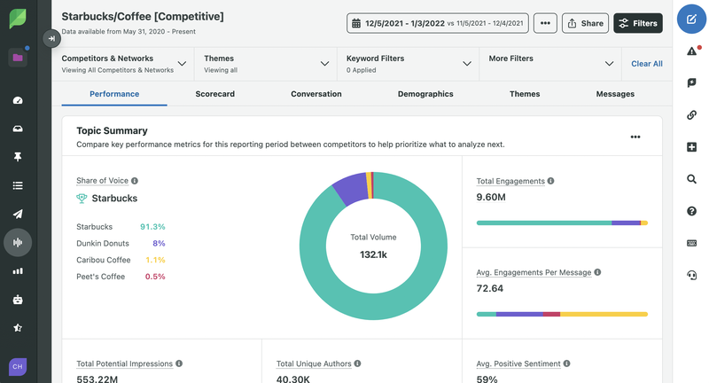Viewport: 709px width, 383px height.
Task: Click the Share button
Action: click(x=585, y=23)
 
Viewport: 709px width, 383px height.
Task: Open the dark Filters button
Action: click(x=638, y=23)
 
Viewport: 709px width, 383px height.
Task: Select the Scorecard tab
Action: click(x=214, y=94)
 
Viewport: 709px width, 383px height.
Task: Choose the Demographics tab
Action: click(x=425, y=94)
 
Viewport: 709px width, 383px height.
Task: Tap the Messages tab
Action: click(x=615, y=94)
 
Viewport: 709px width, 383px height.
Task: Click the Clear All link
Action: click(x=647, y=64)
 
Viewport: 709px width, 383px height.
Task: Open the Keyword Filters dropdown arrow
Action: click(x=467, y=64)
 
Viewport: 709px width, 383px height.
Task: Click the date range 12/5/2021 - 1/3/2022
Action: click(x=405, y=24)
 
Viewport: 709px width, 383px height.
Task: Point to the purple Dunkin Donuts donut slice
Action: click(x=351, y=189)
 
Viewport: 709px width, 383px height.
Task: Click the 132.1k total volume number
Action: click(x=373, y=254)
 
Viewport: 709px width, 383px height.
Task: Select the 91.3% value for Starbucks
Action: click(x=152, y=227)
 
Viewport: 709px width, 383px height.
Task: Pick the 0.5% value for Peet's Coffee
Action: click(x=155, y=277)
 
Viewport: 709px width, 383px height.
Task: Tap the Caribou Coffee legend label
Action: click(x=104, y=260)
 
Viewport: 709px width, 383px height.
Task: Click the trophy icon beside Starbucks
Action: click(x=82, y=198)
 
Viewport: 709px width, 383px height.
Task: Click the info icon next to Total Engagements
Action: click(x=550, y=181)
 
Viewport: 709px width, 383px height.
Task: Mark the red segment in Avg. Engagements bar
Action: click(x=551, y=314)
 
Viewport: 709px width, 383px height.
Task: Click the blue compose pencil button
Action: click(x=691, y=19)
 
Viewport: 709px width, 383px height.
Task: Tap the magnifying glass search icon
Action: click(x=691, y=179)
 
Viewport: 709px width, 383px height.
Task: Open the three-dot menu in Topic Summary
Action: click(x=635, y=137)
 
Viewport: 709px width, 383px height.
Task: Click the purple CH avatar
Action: click(x=18, y=367)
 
